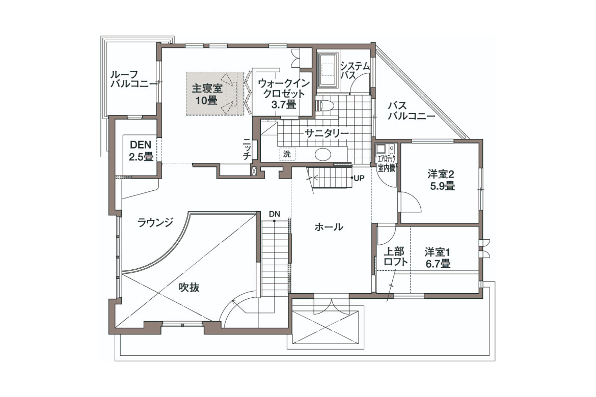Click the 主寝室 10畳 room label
coord(207,94)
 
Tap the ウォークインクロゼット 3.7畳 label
coord(284,94)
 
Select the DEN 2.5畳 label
coord(141,151)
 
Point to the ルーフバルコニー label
coord(133,79)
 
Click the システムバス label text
coord(355,70)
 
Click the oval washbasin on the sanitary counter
coord(323,154)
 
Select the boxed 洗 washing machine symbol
coord(287,154)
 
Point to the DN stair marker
coord(275,214)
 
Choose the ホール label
coord(329,227)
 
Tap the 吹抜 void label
coord(189,288)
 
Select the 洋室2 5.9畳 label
coord(441,181)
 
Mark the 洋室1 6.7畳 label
coord(438,258)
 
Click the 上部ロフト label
coord(395,257)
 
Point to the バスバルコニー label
coord(411,110)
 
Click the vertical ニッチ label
coord(247,149)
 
